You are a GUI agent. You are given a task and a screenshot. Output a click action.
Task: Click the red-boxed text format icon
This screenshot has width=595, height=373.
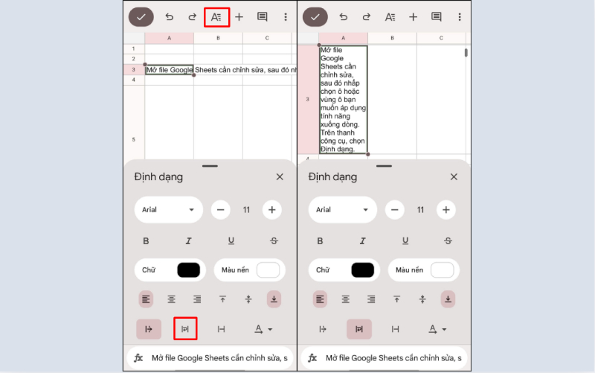coord(216,16)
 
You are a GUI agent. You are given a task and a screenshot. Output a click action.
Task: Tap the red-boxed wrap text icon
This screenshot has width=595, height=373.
coord(185,328)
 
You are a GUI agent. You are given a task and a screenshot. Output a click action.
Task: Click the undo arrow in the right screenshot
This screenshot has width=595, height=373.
coord(343,16)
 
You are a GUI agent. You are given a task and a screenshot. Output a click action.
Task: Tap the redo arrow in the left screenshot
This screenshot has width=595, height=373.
coord(192,16)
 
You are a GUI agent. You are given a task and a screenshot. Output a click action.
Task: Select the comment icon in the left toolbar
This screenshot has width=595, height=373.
coord(262,16)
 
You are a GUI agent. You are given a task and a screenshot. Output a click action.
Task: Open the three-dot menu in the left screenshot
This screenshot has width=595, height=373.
coord(286,16)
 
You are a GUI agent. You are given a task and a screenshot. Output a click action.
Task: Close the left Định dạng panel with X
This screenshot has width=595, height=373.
coord(280,177)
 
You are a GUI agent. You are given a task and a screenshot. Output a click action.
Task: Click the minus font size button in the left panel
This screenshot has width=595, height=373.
coord(221,210)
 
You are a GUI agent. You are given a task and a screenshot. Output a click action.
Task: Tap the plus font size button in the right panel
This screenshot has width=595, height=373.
coord(446,210)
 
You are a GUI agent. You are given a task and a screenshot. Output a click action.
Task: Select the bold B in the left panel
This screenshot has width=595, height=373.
coord(146,240)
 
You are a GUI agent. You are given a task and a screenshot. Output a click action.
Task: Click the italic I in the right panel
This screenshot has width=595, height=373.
coord(363,240)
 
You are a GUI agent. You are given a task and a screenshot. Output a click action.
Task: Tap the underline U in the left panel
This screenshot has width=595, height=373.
coord(231,240)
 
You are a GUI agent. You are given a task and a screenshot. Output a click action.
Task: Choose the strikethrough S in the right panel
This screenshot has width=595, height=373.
coord(448,240)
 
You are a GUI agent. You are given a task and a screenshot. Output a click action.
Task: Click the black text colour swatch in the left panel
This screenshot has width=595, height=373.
coord(188,270)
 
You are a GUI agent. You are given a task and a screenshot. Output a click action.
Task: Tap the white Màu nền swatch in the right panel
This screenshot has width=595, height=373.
coord(442,270)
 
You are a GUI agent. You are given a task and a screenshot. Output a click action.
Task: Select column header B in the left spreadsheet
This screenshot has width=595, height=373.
coord(218,38)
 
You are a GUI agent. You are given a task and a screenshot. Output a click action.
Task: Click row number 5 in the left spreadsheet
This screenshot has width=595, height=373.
coord(134,139)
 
